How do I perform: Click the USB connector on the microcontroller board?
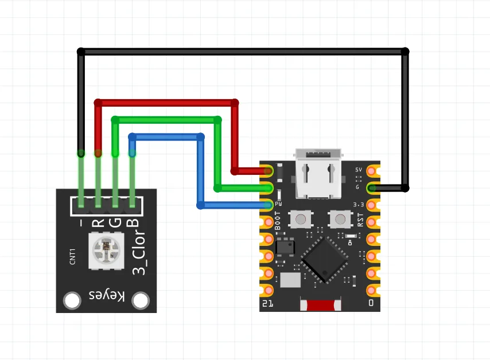pos(318,174)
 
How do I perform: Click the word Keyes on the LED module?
pos(107,295)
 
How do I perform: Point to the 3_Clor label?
pos(139,252)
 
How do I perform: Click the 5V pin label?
pos(359,170)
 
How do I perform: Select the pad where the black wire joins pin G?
pos(372,187)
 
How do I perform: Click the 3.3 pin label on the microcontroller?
pos(359,204)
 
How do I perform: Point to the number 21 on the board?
pos(267,304)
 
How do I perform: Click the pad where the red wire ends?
pos(268,171)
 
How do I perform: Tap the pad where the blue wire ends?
pos(268,205)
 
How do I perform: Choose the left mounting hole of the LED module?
pos(72,300)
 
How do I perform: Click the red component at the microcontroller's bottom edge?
pos(321,305)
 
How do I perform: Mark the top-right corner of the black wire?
pos(405,52)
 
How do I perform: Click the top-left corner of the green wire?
pos(115,120)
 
